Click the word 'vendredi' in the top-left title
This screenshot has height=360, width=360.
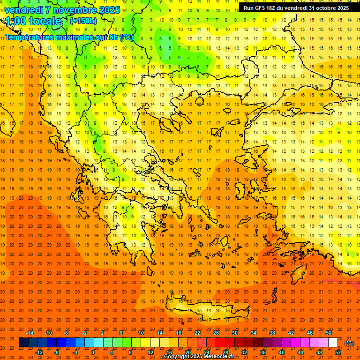[x=23, y=10]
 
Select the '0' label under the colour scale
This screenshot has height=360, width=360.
[x=93, y=352]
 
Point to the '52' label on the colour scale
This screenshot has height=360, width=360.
[x=338, y=352]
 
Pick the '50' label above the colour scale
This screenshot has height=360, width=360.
[x=329, y=332]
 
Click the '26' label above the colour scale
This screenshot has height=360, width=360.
[x=216, y=332]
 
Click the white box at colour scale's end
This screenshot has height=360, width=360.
[x=333, y=342]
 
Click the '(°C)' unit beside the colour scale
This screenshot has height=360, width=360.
[x=349, y=343]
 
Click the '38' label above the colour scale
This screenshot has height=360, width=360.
[x=272, y=332]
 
